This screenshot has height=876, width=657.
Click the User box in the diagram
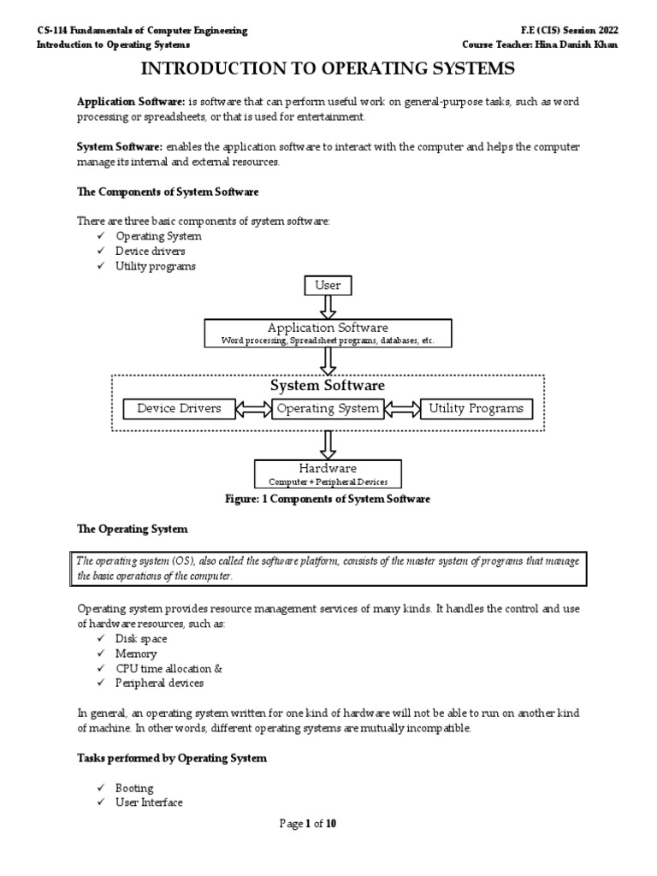328,285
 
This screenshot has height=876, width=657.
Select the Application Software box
328,333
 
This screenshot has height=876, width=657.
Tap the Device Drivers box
179,409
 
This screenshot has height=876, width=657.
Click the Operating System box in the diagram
328,409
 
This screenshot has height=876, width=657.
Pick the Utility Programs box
476,409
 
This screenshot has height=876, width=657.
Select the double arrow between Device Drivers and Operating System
253,410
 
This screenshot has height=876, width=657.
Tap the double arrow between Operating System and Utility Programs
401,410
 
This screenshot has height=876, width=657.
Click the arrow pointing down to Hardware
328,444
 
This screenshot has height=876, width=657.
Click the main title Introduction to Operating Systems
328,68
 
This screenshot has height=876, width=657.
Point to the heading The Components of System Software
168,191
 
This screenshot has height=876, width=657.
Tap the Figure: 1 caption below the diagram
328,499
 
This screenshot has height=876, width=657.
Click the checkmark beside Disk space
100,639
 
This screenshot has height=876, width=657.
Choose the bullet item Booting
134,788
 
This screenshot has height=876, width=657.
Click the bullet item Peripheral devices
159,683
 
